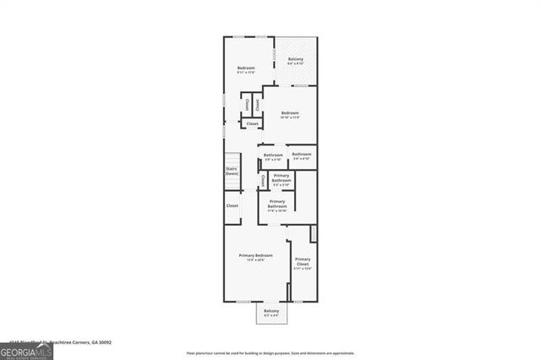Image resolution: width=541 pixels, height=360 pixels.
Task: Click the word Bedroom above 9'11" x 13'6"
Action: (x=246, y=68)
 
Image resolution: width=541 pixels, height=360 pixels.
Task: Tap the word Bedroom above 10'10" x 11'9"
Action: (x=290, y=112)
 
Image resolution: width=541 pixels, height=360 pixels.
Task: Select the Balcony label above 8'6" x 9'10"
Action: (x=296, y=58)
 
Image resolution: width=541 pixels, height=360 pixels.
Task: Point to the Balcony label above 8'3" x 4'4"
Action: (x=271, y=311)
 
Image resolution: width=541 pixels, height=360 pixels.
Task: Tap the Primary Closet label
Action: (x=303, y=261)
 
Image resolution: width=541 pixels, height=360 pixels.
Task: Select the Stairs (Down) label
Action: (x=232, y=171)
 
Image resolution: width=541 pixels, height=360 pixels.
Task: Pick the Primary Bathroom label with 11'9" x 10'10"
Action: (x=277, y=204)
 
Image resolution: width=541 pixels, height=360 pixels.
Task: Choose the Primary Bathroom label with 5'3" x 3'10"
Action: (x=281, y=177)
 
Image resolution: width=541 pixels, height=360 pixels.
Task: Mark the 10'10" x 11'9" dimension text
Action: (x=290, y=117)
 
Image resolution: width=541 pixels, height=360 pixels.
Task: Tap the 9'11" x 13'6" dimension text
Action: (x=246, y=73)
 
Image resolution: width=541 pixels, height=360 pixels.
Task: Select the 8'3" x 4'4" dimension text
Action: (x=271, y=316)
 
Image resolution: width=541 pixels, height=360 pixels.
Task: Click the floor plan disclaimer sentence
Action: (x=270, y=353)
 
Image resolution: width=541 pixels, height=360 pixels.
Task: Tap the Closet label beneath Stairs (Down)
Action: (x=232, y=205)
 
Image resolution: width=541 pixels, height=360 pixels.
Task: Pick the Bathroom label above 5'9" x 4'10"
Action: (x=273, y=155)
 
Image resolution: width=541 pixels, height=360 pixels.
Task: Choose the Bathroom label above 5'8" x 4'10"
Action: (x=302, y=154)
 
